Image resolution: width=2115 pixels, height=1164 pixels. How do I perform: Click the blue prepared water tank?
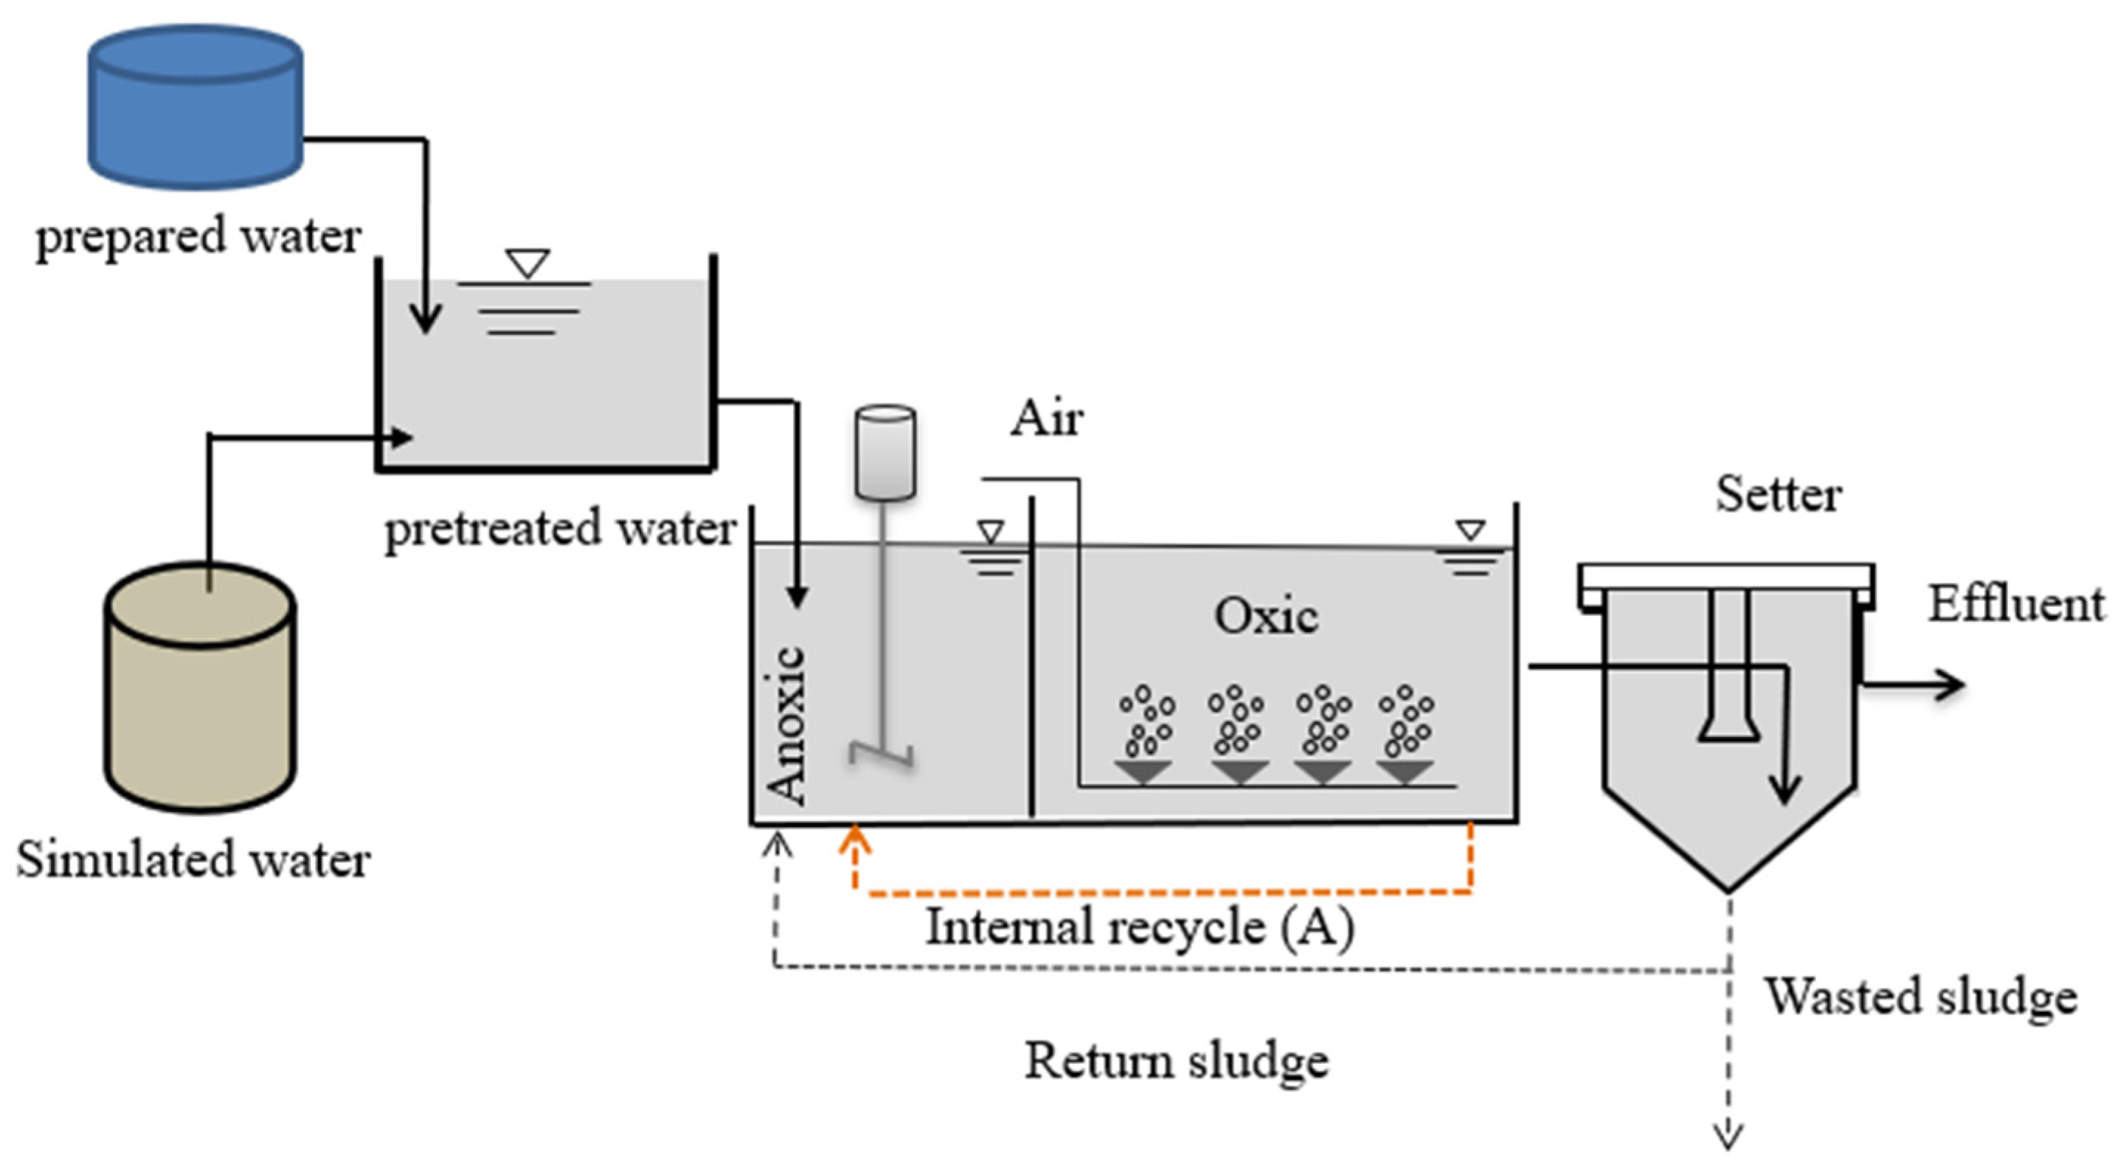tap(195, 107)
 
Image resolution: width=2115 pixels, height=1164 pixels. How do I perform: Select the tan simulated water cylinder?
tap(199, 690)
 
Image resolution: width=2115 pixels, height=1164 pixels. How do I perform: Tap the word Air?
tap(1046, 419)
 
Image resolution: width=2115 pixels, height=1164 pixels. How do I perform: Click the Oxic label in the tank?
tap(1266, 616)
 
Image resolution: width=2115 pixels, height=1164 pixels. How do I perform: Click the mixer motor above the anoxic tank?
tap(885, 451)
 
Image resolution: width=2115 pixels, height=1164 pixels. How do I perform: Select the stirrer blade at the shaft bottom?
tap(882, 754)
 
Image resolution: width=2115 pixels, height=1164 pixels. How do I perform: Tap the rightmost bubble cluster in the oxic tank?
tap(1407, 720)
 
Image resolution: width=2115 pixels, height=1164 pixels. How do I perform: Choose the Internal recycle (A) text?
tap(1140, 928)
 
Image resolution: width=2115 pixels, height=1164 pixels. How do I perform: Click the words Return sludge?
tap(1176, 1061)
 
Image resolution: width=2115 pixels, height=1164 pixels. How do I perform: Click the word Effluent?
tap(2015, 605)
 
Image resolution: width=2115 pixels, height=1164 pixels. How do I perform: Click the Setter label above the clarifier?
tap(1779, 495)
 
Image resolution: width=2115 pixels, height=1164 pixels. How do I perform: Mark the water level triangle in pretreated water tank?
tap(527, 263)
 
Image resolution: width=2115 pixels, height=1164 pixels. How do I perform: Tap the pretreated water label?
tap(560, 529)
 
